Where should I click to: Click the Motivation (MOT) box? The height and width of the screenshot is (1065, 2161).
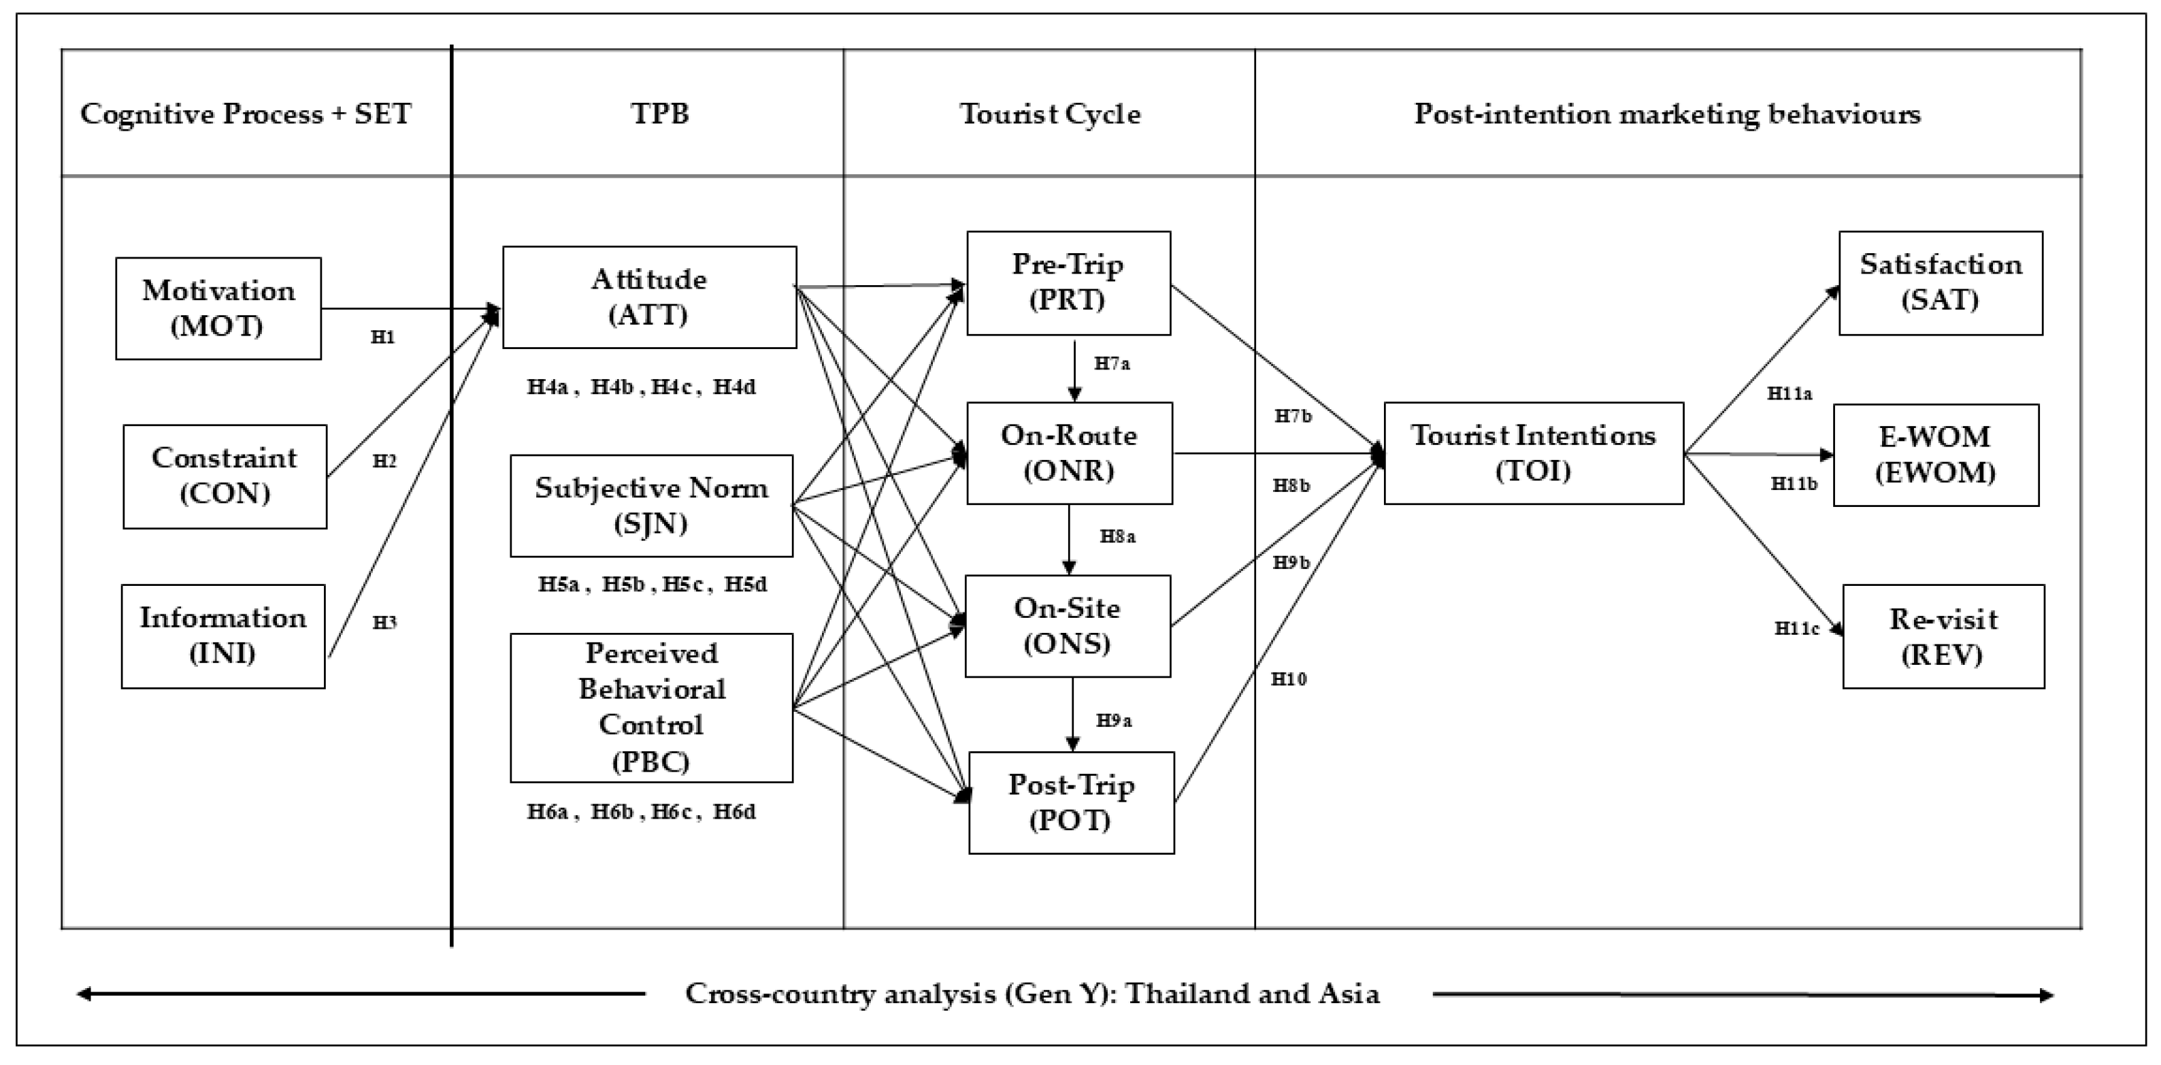click(218, 308)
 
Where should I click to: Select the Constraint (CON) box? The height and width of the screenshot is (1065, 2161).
click(225, 476)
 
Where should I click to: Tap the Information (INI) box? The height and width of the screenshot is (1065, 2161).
click(223, 636)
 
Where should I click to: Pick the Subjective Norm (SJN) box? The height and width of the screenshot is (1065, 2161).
click(651, 505)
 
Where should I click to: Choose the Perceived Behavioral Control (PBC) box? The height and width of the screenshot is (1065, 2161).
click(651, 708)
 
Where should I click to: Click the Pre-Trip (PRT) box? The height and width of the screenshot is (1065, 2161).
click(1068, 283)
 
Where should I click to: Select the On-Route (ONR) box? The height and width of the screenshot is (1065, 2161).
click(1069, 453)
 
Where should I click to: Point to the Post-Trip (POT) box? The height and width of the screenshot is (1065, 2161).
click(1071, 802)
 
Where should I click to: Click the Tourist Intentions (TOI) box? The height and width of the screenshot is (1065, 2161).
click(1533, 453)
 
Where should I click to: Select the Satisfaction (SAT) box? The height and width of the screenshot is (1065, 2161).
click(1941, 283)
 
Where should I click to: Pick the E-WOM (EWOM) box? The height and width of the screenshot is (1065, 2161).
click(1935, 455)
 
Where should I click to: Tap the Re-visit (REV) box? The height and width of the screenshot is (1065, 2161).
click(1943, 636)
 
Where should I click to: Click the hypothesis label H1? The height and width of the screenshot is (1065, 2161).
click(382, 338)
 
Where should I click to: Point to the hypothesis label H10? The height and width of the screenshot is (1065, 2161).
click(1289, 679)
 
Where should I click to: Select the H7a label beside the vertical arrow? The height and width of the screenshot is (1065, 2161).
click(1112, 363)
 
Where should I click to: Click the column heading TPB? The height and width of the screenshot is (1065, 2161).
click(660, 113)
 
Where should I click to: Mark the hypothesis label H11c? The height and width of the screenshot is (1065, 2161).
click(1796, 627)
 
